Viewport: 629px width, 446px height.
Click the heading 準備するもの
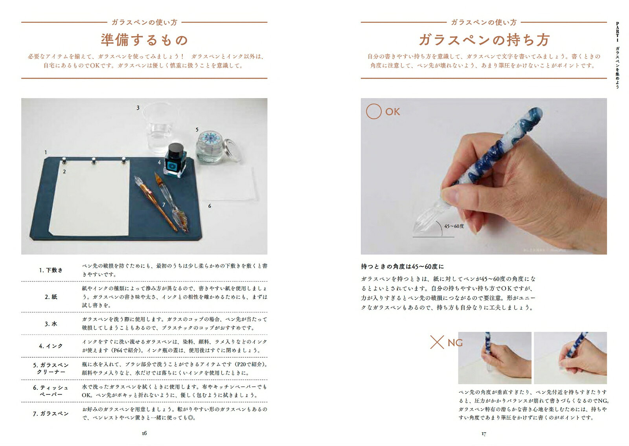[x=144, y=40]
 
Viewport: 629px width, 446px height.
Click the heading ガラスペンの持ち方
[x=484, y=40]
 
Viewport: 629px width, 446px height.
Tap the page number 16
[x=144, y=433]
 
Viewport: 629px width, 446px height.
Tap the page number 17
[x=484, y=434]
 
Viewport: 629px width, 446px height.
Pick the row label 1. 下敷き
[x=51, y=270]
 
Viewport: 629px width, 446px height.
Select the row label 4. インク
[x=51, y=346]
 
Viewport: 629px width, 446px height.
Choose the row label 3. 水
[x=51, y=324]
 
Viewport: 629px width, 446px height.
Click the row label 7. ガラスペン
[x=51, y=413]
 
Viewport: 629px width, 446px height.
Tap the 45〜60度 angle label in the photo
[x=454, y=226]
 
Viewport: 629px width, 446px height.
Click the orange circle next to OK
[x=374, y=111]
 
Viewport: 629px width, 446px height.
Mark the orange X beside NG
[x=437, y=342]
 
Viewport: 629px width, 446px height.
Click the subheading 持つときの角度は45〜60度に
[x=403, y=266]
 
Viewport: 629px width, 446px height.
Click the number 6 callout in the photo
[x=210, y=206]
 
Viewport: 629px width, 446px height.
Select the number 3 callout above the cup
[x=138, y=108]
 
